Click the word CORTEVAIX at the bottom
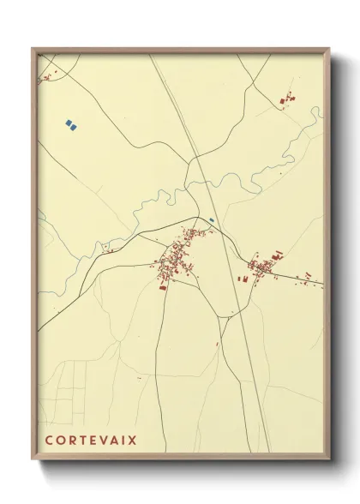point(90,441)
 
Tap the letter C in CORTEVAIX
point(48,441)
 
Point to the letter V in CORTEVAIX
point(99,441)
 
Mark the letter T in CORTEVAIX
point(80,441)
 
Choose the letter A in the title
point(111,441)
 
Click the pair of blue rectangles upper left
point(72,125)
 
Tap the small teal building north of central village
point(210,219)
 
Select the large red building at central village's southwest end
point(162,286)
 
